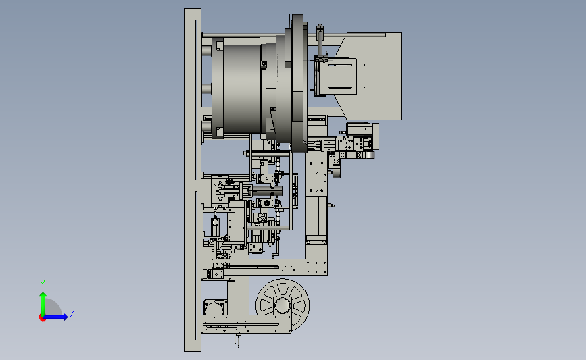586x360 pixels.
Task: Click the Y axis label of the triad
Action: pos(43,284)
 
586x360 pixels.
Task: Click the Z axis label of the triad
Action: pos(72,313)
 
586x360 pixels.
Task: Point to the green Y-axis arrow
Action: pos(43,304)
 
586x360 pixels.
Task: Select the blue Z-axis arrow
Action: pos(55,317)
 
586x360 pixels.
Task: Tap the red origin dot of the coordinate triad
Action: pos(42,318)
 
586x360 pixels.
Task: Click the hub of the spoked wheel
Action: pos(283,305)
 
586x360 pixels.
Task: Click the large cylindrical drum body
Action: pos(242,88)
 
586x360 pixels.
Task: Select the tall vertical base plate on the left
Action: pos(193,180)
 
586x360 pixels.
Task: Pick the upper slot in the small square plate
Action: pos(340,66)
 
